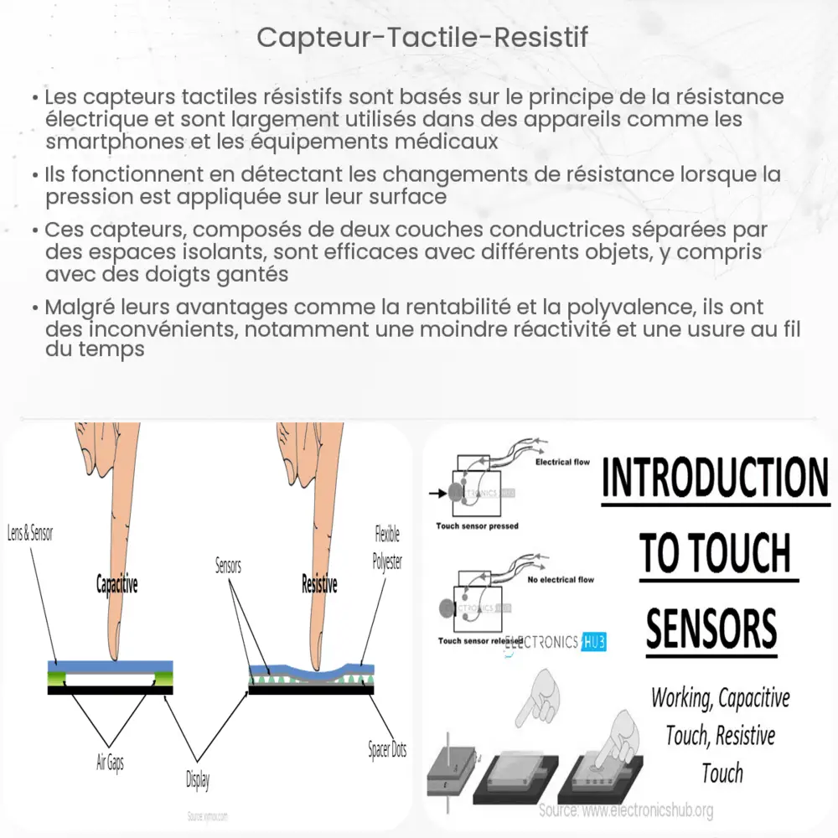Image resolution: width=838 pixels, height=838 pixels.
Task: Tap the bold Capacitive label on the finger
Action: pyautogui.click(x=116, y=585)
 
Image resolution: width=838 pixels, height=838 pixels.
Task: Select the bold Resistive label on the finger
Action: pyautogui.click(x=318, y=585)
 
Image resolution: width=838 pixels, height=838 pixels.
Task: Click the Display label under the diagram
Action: pyautogui.click(x=198, y=780)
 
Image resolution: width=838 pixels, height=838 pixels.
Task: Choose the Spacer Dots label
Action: pyautogui.click(x=387, y=750)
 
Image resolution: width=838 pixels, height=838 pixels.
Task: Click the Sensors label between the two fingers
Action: pyautogui.click(x=227, y=566)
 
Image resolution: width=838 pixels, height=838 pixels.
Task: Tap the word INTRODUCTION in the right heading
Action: pyautogui.click(x=715, y=478)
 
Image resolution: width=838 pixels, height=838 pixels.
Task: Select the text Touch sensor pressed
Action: pyautogui.click(x=477, y=526)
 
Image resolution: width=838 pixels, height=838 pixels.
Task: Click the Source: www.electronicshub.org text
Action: pyautogui.click(x=627, y=810)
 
